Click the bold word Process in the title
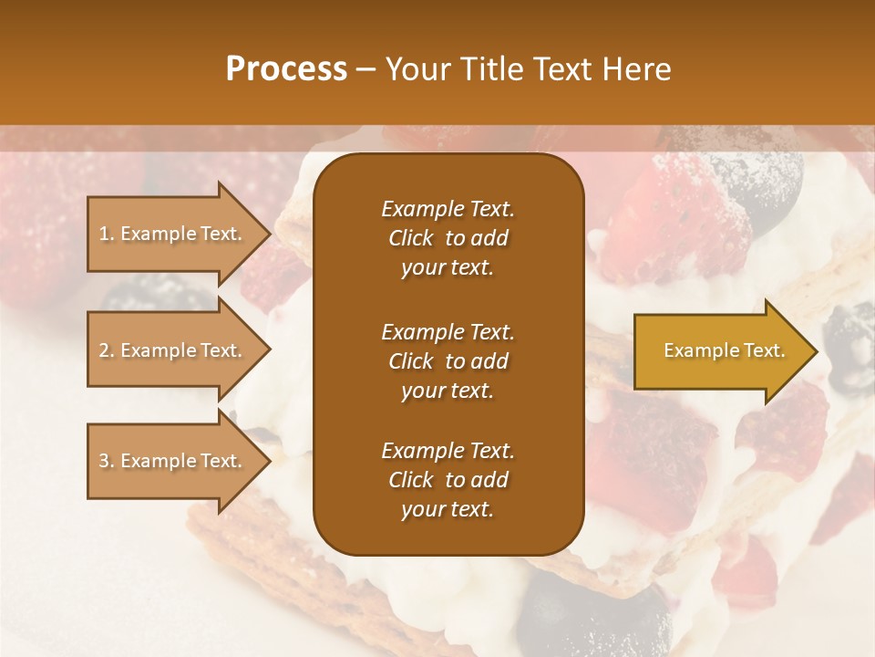[x=286, y=69]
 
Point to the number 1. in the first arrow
[x=107, y=234]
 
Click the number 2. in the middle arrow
[x=107, y=350]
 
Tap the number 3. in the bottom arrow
[x=107, y=461]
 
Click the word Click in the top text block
[x=411, y=238]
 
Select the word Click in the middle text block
[x=411, y=361]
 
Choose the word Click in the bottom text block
[x=411, y=480]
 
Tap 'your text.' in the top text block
[x=448, y=268]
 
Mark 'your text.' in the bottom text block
[x=448, y=510]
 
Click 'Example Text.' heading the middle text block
[x=448, y=332]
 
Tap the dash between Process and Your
[x=365, y=70]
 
